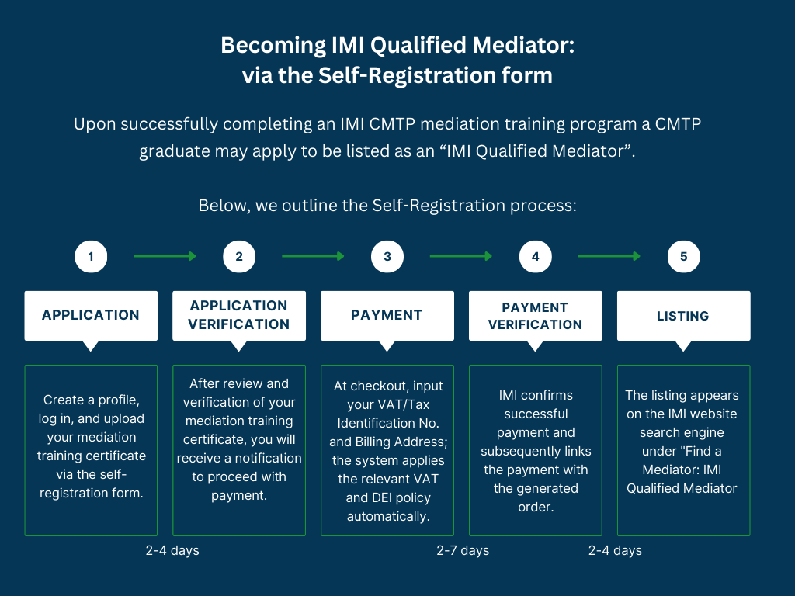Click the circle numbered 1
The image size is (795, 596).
pos(91,257)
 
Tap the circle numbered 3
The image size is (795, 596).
pos(387,257)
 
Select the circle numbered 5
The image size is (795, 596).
pos(683,257)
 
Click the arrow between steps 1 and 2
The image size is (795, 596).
pos(165,256)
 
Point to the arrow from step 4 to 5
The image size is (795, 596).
pos(609,256)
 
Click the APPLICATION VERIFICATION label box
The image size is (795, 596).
pos(239,315)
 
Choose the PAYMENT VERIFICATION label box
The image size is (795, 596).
pos(535,316)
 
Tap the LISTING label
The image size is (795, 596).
pos(683,316)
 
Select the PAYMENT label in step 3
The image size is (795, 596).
pos(387,315)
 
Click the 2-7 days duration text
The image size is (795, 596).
pos(463,550)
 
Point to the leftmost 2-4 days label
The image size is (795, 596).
pos(172,550)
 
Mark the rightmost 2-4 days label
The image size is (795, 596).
pos(615,550)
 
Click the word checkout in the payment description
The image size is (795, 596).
pos(380,386)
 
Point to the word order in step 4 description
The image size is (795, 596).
pos(536,507)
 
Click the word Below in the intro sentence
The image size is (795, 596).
pos(220,206)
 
